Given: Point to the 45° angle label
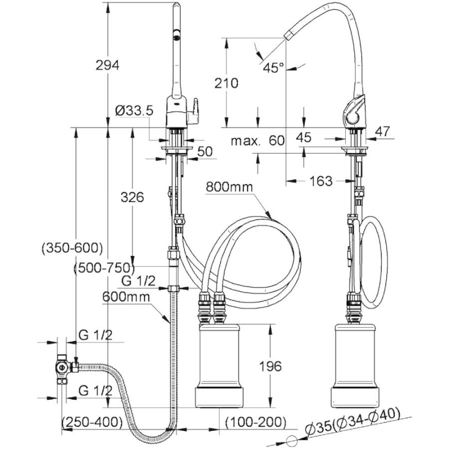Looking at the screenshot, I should tap(274, 68).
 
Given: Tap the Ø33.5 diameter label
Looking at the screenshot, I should tap(133, 111).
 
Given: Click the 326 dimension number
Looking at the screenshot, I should tap(132, 197).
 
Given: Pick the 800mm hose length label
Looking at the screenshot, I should tap(229, 188).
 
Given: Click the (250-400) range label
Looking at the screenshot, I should tap(92, 422).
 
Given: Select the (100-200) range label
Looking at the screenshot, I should tap(255, 422).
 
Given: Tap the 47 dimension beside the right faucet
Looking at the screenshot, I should tap(381, 132).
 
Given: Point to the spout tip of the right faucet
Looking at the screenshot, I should tap(289, 35).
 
